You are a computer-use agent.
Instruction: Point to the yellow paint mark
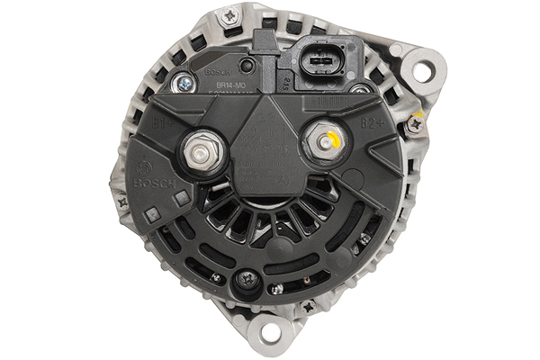332,140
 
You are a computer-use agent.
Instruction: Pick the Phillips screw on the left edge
121,202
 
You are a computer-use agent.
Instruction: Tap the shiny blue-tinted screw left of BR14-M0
184,82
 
